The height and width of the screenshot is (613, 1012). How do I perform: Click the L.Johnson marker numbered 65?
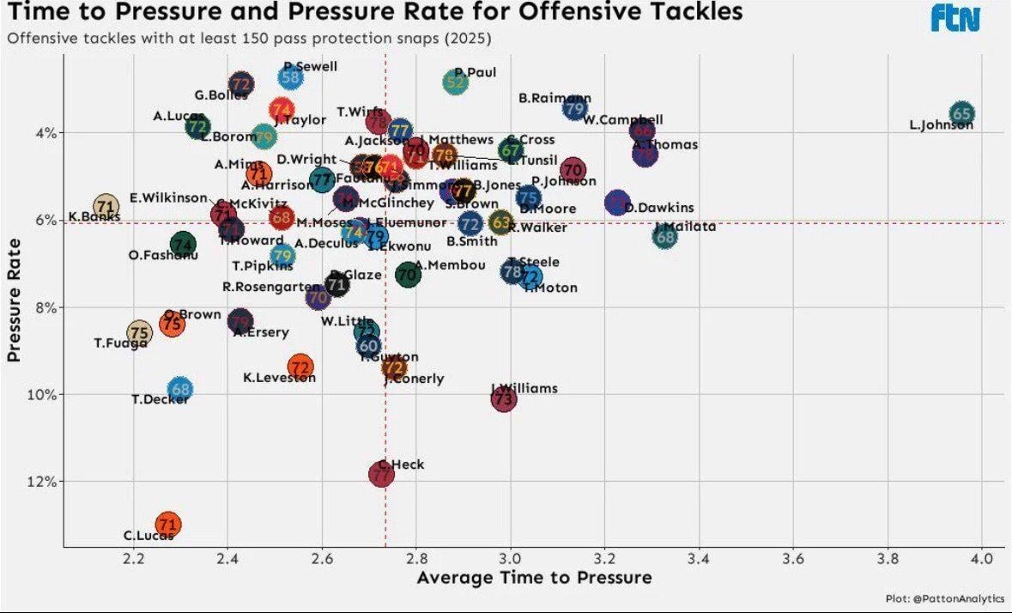tap(962, 113)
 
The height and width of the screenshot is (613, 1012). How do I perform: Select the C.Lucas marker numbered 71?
tap(168, 524)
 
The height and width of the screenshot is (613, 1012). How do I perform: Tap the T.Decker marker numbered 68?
tap(179, 390)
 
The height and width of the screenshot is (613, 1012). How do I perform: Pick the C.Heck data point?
tap(381, 474)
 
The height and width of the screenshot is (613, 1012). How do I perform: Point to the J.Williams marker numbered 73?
tap(504, 399)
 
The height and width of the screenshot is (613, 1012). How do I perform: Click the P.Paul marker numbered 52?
tap(457, 82)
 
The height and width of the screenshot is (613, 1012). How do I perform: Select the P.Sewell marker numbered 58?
tap(291, 77)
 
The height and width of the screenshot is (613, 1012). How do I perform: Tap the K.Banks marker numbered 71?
tap(105, 206)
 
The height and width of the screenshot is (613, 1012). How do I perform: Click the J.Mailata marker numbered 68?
tap(665, 236)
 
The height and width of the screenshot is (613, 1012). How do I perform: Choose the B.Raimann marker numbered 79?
tap(575, 108)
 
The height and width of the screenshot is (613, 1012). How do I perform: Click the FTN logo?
tap(955, 19)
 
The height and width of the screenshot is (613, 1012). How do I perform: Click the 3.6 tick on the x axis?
tap(794, 559)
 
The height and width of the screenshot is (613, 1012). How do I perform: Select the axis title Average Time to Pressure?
tap(534, 578)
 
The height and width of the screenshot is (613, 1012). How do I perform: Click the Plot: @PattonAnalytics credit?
tap(944, 598)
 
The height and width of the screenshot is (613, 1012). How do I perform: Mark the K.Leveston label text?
tap(279, 378)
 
